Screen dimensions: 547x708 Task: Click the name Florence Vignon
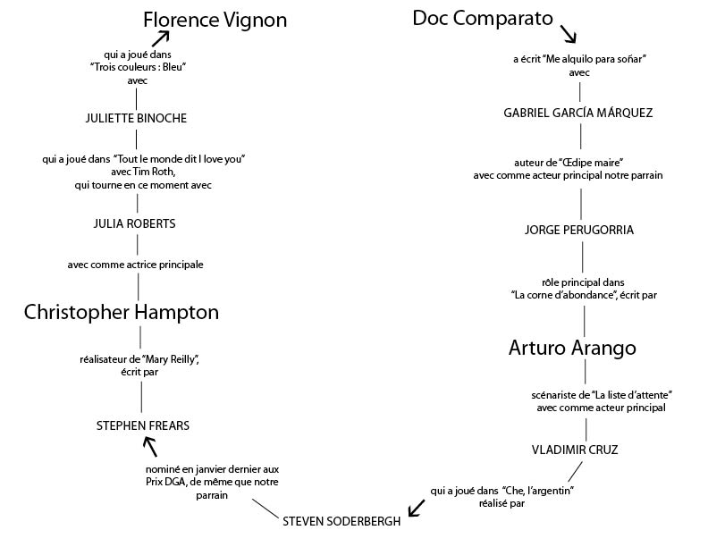tap(215, 20)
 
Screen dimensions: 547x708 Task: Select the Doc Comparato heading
tap(483, 18)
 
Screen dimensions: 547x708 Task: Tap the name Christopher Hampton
tap(122, 312)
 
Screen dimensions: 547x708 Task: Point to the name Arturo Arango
tap(572, 347)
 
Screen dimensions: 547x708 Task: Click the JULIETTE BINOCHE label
tap(136, 118)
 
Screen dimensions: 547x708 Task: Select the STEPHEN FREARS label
tap(143, 425)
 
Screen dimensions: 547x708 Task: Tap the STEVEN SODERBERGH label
tap(341, 521)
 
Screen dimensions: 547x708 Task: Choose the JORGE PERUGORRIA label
tap(579, 230)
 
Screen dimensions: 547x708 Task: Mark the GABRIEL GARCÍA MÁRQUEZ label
tap(578, 113)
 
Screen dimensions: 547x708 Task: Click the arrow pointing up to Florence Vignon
tap(162, 38)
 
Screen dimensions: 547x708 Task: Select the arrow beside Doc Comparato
tap(568, 34)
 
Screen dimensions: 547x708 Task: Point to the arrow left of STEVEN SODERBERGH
tap(416, 509)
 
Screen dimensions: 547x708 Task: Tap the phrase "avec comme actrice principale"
tap(136, 265)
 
